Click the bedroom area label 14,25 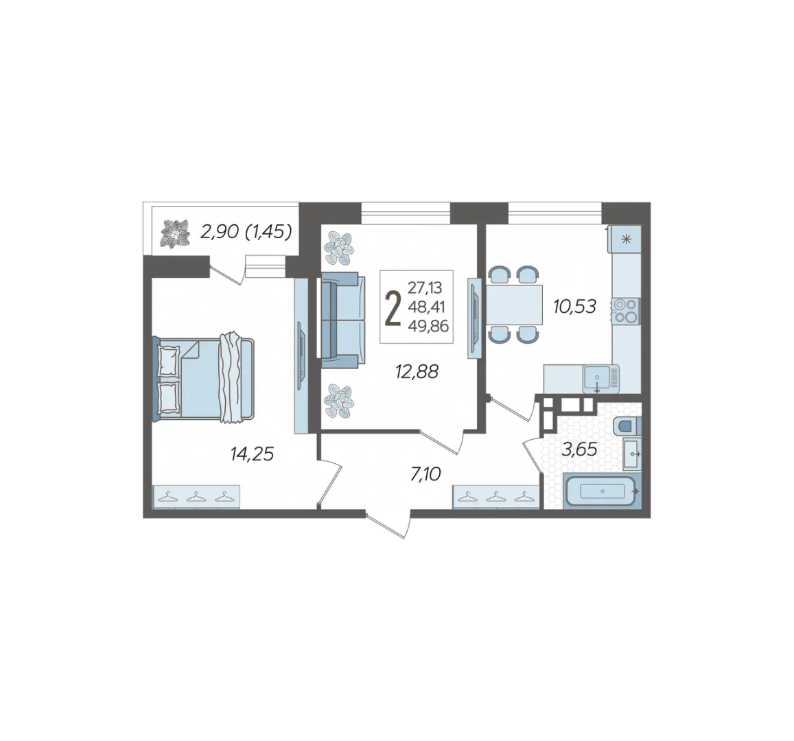click(252, 454)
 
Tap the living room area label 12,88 click(417, 371)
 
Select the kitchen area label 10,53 click(574, 306)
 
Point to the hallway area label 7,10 click(425, 474)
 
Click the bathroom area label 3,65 click(579, 449)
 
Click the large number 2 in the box click(393, 307)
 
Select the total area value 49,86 click(428, 327)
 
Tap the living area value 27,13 click(425, 288)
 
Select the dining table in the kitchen click(514, 305)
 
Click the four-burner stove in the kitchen click(626, 311)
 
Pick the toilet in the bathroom click(627, 426)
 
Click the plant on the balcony click(175, 233)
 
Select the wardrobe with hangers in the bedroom click(196, 497)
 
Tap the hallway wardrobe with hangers click(495, 497)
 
